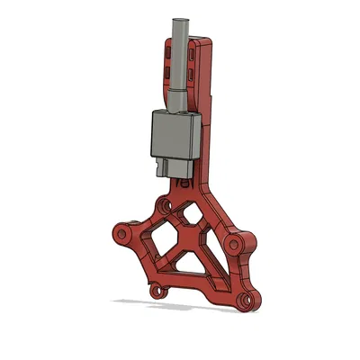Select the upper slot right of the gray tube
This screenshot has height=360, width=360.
(x=193, y=50)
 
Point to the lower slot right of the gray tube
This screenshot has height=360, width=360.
(x=193, y=72)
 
